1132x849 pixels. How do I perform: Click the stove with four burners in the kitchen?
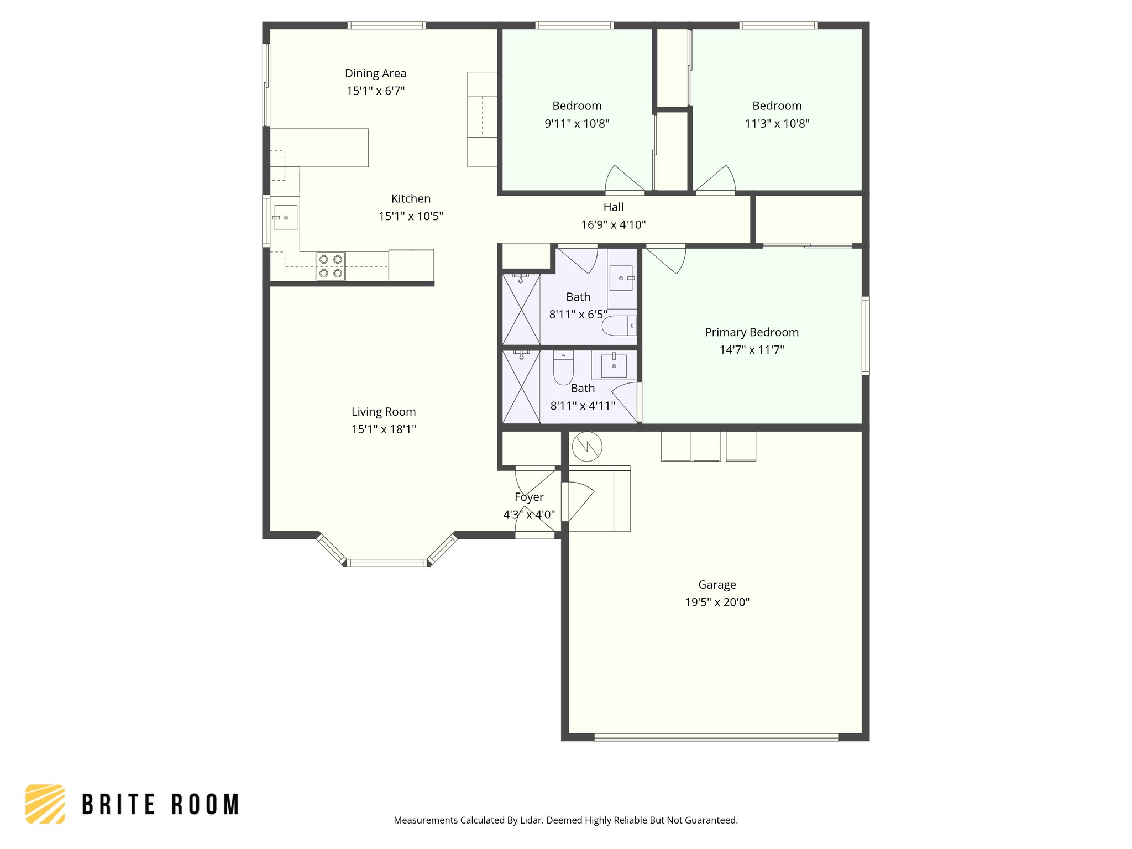(331, 266)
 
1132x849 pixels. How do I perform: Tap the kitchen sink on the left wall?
(285, 217)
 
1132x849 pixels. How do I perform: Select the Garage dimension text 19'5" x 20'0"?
(717, 602)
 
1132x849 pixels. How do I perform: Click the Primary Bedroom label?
(751, 332)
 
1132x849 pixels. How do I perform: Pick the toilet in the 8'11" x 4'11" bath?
(563, 368)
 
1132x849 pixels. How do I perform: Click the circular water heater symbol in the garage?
(586, 447)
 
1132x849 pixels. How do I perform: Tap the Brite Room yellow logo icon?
(45, 804)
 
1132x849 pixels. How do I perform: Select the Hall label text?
(613, 207)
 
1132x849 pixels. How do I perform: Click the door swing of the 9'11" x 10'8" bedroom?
(623, 179)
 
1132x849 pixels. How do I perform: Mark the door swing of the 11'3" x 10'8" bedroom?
(716, 179)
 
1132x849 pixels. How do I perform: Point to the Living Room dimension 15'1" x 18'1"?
(384, 429)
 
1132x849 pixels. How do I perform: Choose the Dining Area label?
(375, 74)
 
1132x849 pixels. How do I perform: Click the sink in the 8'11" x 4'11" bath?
(614, 365)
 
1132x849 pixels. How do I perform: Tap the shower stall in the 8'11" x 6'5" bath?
(521, 310)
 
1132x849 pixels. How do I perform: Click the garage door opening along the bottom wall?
(716, 737)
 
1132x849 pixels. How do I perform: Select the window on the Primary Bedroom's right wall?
(866, 336)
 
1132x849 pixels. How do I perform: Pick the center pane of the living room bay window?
(387, 563)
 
